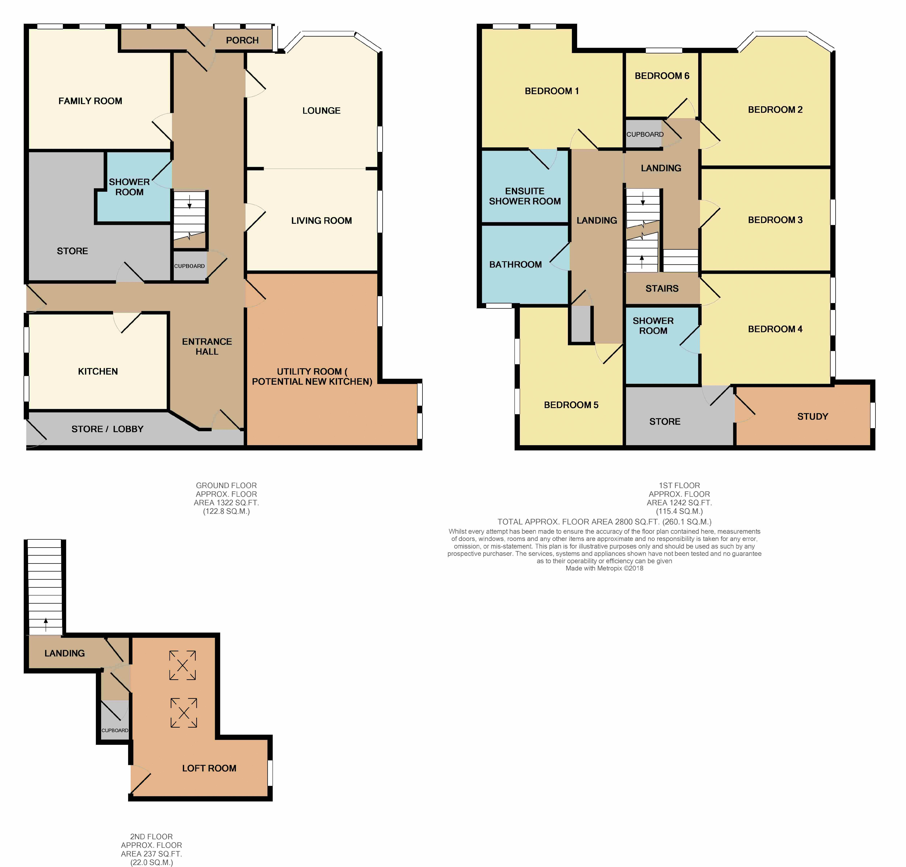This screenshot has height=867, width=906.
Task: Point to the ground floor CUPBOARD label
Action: click(x=190, y=266)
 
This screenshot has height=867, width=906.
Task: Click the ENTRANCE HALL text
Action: click(x=207, y=347)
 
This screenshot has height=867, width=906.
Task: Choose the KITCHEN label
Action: click(x=98, y=371)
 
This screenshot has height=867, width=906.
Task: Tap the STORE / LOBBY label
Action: click(x=107, y=429)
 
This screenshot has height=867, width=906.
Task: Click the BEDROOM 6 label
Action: click(x=662, y=76)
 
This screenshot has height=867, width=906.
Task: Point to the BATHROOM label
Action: click(x=515, y=265)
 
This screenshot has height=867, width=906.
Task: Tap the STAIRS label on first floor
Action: click(x=662, y=289)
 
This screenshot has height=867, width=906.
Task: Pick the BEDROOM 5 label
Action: click(x=571, y=405)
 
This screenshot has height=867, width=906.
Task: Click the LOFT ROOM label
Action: click(x=209, y=768)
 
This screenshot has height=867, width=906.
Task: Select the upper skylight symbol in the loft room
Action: click(x=183, y=665)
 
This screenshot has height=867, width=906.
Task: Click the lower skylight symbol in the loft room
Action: click(x=184, y=713)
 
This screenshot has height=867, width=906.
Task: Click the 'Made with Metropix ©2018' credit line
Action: click(x=604, y=568)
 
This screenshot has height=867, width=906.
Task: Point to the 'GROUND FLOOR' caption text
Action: click(x=226, y=486)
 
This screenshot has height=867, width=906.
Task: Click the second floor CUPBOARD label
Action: click(x=115, y=730)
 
